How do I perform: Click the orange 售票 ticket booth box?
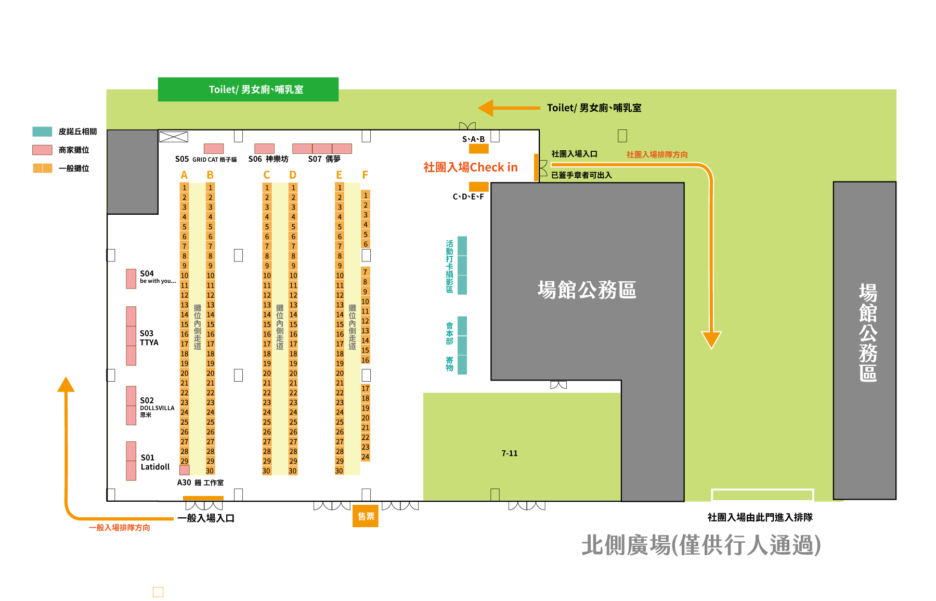(366, 516)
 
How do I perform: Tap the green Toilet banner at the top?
(248, 89)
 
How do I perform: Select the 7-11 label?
(510, 453)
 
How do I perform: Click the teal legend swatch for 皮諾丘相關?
(42, 132)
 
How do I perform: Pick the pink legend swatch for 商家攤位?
(42, 150)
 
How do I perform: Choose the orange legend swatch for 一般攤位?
(43, 168)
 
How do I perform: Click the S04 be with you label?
(158, 277)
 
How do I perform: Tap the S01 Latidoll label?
(155, 462)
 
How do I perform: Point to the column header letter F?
(365, 175)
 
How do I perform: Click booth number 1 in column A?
(184, 187)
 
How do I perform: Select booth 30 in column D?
(293, 471)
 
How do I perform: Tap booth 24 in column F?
(366, 457)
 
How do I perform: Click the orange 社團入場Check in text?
(471, 167)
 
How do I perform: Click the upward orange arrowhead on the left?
(66, 384)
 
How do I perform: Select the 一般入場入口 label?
(206, 518)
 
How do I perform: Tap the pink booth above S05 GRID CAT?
(214, 148)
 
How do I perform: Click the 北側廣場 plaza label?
(701, 545)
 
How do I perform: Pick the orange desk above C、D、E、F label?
(479, 187)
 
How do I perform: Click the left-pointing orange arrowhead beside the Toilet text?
(486, 108)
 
